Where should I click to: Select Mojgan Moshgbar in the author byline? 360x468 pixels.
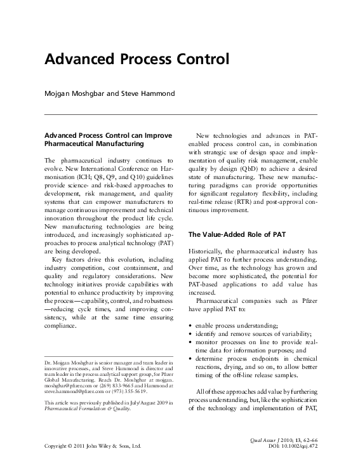tap(74, 94)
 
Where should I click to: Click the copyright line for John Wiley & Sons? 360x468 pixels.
tap(92, 447)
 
